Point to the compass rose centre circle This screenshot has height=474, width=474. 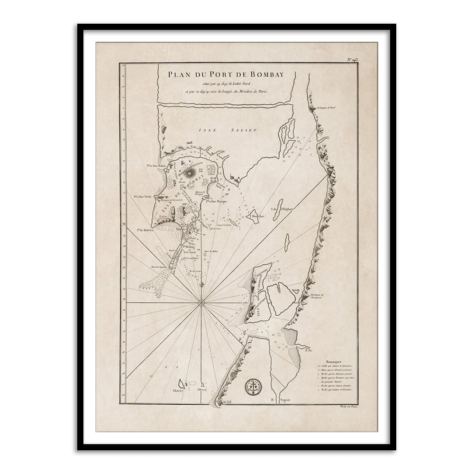[x=201, y=302]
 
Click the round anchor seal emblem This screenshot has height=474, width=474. [x=253, y=387]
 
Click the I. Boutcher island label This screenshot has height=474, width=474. [x=257, y=217]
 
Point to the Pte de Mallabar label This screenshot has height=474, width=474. [x=147, y=231]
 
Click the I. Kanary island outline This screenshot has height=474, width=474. [x=181, y=383]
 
